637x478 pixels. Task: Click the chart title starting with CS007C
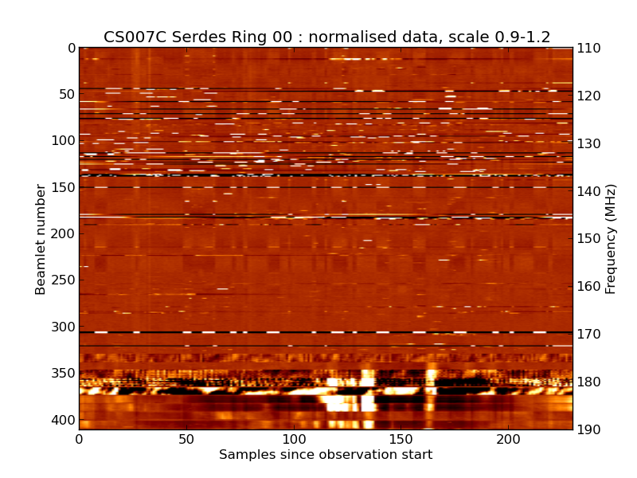[x=326, y=37]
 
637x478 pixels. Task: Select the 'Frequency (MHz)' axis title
[x=611, y=239]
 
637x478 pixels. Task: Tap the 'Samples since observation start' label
[x=326, y=455]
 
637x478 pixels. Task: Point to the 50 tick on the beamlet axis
[x=65, y=94]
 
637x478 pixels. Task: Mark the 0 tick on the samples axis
[x=79, y=440]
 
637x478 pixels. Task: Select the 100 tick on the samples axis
[x=294, y=440]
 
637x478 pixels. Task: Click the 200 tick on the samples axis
[x=508, y=440]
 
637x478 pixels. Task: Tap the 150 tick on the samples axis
[x=401, y=440]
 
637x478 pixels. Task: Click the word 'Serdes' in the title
[x=190, y=37]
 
